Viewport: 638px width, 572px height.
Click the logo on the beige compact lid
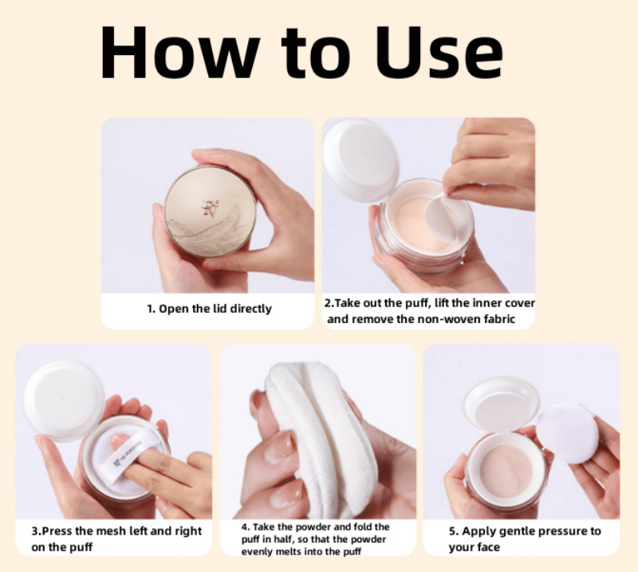coord(211,208)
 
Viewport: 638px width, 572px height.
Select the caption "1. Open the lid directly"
coord(209,309)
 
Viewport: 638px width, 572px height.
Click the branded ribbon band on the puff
coord(129,456)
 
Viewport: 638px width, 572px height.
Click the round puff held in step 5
coord(566,433)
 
